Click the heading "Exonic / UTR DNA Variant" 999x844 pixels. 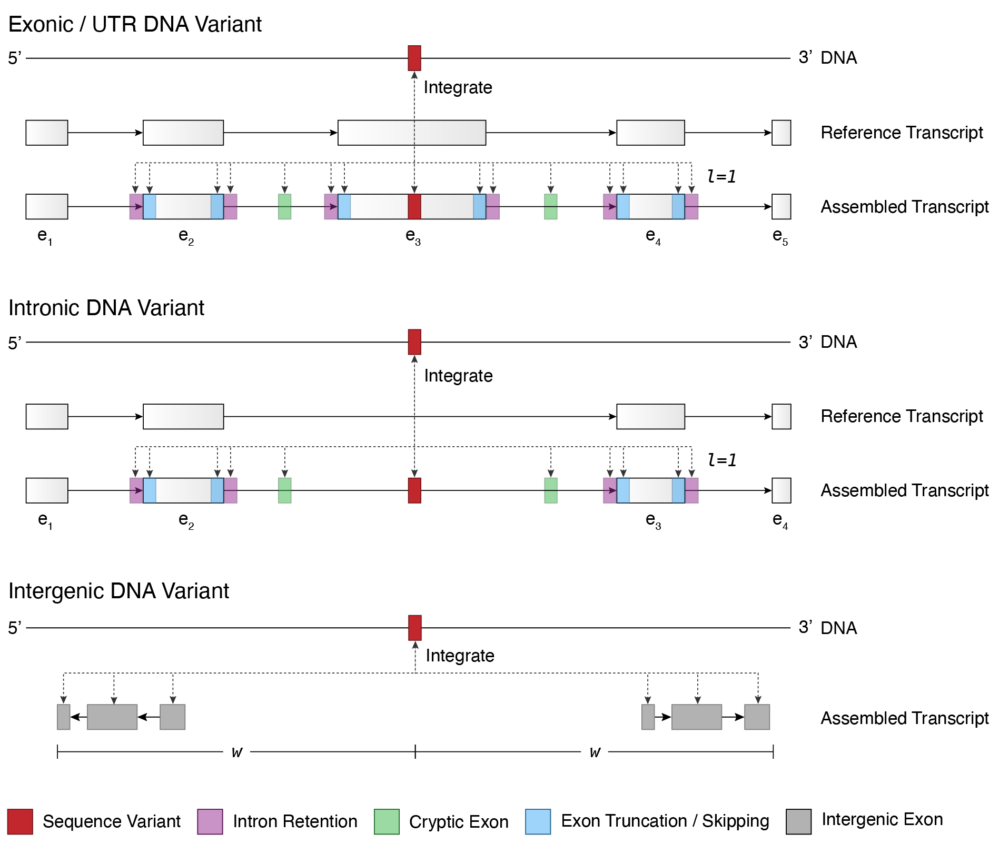pos(135,25)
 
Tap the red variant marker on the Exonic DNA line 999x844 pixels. pos(414,58)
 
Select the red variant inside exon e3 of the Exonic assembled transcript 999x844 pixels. pos(414,206)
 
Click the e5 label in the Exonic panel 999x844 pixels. pos(780,237)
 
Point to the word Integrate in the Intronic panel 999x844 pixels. pos(458,376)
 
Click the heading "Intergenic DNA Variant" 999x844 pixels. pos(118,591)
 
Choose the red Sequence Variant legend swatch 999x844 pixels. pos(20,821)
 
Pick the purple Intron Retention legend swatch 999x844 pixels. pos(210,821)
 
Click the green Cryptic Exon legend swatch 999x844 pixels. pos(387,821)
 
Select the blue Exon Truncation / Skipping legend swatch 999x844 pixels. pos(538,821)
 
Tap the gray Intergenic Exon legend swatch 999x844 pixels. pos(798,821)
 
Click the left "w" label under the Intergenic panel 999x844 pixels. pos(237,752)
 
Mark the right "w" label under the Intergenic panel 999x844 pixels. pos(595,752)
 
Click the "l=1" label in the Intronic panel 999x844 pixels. pos(721,460)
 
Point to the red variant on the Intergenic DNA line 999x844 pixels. pos(415,628)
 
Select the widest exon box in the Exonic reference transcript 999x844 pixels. pos(411,133)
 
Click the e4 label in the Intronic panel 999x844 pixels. pos(780,520)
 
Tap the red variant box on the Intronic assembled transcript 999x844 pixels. pos(414,490)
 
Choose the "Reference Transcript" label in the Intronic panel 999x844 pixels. pos(902,416)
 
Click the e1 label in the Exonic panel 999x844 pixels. pos(45,237)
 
